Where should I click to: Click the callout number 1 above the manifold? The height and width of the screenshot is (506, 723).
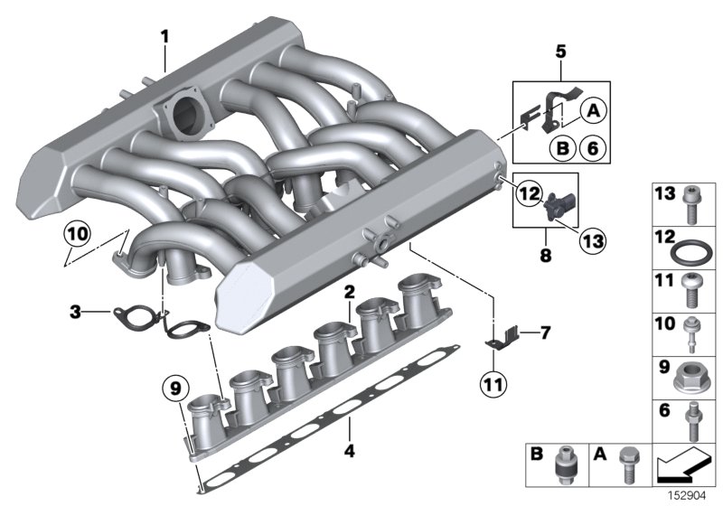pos(164,37)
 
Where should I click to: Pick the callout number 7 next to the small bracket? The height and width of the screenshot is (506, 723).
pos(545,333)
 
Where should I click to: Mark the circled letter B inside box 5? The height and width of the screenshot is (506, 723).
pos(561,147)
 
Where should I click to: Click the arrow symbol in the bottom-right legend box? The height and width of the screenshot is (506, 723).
pos(685,468)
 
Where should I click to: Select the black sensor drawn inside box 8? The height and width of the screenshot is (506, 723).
pos(552,204)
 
